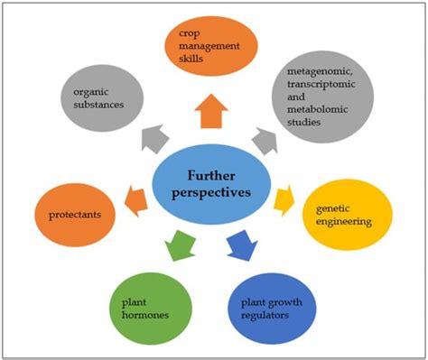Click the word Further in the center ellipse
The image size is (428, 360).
[212, 176]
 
